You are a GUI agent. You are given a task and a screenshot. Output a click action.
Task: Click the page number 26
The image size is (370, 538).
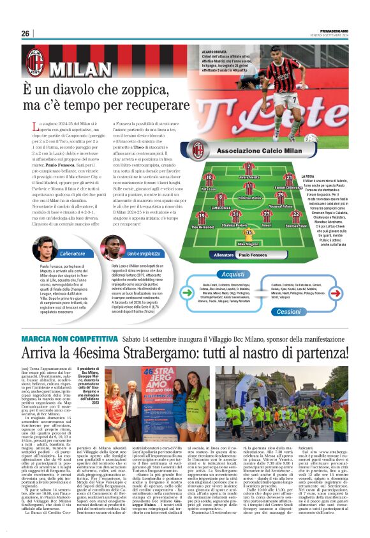click(x=26, y=33)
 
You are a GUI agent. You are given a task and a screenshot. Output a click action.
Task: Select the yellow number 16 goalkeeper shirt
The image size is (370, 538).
click(x=249, y=233)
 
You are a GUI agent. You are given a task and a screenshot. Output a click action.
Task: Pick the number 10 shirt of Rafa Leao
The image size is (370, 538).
click(x=209, y=178)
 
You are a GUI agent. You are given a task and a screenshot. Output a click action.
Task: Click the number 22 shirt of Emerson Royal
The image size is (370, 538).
click(x=295, y=215)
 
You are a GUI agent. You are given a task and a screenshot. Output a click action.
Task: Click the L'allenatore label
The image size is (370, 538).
click(x=68, y=254)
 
